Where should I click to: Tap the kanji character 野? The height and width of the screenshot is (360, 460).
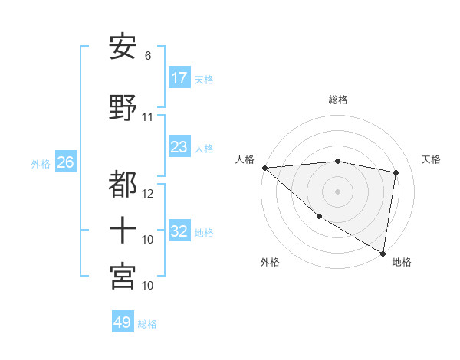pos(123,106)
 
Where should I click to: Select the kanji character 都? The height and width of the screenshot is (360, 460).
pos(123,183)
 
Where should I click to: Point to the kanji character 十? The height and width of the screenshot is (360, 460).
pos(123,229)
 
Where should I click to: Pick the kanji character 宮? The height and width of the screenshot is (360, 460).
pos(123,275)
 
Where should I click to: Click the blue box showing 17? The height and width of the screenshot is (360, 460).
pos(179,78)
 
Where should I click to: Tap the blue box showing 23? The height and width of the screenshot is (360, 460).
pos(179,147)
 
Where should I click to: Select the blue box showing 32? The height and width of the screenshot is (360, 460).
pos(179,231)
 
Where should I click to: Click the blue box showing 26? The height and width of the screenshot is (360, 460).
pos(65,162)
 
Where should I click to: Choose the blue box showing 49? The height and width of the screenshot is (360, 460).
pos(123,322)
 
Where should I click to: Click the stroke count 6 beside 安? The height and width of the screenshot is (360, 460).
pos(148,56)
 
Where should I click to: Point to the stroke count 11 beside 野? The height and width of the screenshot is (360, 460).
pos(148,117)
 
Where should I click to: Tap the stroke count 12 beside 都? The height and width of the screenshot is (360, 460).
pos(148,193)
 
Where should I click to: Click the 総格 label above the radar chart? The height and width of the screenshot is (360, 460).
pos(338,100)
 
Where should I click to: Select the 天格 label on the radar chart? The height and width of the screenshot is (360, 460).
pos(432,159)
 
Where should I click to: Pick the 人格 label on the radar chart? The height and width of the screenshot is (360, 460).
pos(245,159)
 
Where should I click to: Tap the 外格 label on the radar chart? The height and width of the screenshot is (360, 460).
pos(270,262)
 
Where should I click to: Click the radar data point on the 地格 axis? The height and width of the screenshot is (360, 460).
pos(383,252)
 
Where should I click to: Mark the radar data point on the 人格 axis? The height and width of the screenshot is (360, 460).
pos(264,168)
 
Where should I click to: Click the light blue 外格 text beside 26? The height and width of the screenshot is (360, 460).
pos(41,163)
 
